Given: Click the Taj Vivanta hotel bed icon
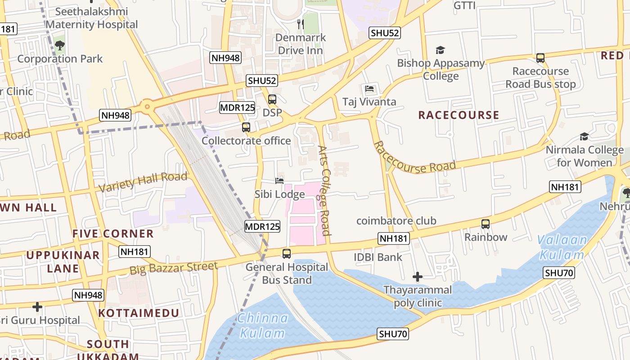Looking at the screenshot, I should [369, 88].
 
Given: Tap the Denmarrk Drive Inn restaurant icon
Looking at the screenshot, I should [300, 23].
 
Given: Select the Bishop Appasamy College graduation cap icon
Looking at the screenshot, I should [440, 50].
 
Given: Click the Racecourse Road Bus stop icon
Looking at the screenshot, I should [540, 58].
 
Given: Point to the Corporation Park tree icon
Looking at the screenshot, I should [59, 45].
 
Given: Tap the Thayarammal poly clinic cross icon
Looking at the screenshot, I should [418, 276].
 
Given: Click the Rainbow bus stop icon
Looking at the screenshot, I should [486, 224].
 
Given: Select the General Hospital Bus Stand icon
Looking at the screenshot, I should [287, 253].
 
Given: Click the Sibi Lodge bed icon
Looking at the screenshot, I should [279, 181].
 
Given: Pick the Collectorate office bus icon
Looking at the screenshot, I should [246, 127].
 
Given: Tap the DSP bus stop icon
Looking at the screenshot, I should [272, 99].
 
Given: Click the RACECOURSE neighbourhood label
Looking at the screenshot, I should [459, 115].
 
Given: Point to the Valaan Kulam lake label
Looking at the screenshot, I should [563, 247].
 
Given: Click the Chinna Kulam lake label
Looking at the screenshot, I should [263, 325].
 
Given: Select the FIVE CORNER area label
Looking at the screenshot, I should [113, 234].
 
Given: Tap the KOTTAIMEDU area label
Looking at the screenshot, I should [139, 313].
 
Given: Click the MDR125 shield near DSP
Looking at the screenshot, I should [237, 108].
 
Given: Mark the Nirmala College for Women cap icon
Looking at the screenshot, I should [584, 136].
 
